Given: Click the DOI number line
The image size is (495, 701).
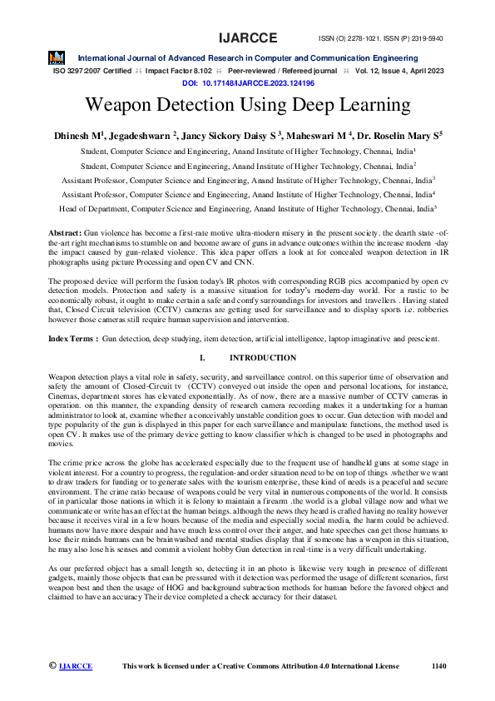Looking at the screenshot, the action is tap(247, 84).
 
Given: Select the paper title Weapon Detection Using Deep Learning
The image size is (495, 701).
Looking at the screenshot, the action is tap(247, 106).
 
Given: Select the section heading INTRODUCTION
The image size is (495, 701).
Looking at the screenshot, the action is tap(262, 358).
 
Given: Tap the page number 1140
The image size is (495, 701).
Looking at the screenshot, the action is tap(439, 666).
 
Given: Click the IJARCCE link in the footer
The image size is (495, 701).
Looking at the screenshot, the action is tap(76, 666).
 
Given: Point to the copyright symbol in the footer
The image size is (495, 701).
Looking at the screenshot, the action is tap(52, 666).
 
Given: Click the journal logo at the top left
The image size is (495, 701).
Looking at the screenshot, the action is tap(57, 59).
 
